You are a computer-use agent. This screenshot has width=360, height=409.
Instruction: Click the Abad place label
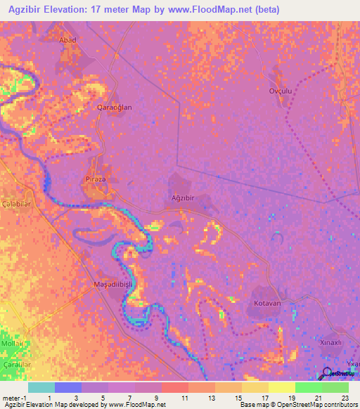click(x=68, y=40)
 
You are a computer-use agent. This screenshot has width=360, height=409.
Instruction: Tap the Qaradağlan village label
click(x=114, y=108)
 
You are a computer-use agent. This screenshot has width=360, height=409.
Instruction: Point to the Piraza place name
click(x=96, y=179)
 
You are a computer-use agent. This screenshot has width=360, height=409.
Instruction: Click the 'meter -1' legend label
click(x=13, y=397)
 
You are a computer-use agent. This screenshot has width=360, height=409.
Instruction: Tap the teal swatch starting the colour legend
click(x=41, y=387)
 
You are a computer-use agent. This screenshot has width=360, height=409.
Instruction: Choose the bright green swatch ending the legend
click(x=335, y=387)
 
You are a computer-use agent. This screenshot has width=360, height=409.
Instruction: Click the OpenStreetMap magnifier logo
click(x=326, y=372)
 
